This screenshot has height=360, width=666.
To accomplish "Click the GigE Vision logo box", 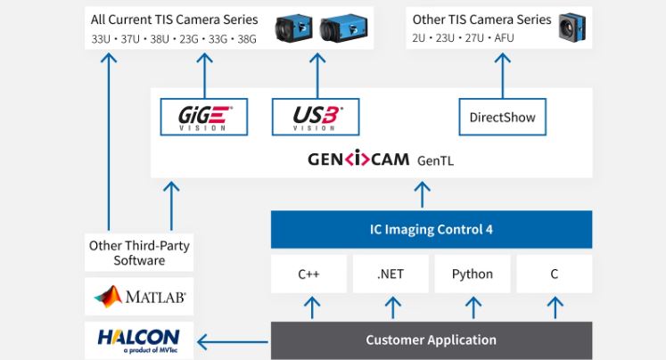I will click(204, 117).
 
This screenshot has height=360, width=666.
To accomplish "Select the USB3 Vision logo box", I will click(317, 117).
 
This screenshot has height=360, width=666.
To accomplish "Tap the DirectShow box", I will click(503, 117).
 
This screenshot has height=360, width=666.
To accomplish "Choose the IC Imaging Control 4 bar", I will click(431, 229).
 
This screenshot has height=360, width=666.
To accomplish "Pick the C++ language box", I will click(309, 274).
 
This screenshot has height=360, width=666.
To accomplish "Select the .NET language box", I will click(391, 274).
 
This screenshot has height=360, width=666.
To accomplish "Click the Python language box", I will click(472, 274).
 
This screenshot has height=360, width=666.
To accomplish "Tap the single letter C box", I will click(554, 274).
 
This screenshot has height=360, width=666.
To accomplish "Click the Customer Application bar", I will click(431, 340).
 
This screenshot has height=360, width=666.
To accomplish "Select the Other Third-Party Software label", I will click(139, 253).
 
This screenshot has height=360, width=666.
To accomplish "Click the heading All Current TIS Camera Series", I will click(175, 19).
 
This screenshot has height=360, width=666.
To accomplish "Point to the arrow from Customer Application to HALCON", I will click(233, 340).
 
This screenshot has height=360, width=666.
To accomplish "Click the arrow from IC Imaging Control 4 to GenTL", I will click(423, 193).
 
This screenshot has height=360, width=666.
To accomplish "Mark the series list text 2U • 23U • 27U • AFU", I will click(464, 38).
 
